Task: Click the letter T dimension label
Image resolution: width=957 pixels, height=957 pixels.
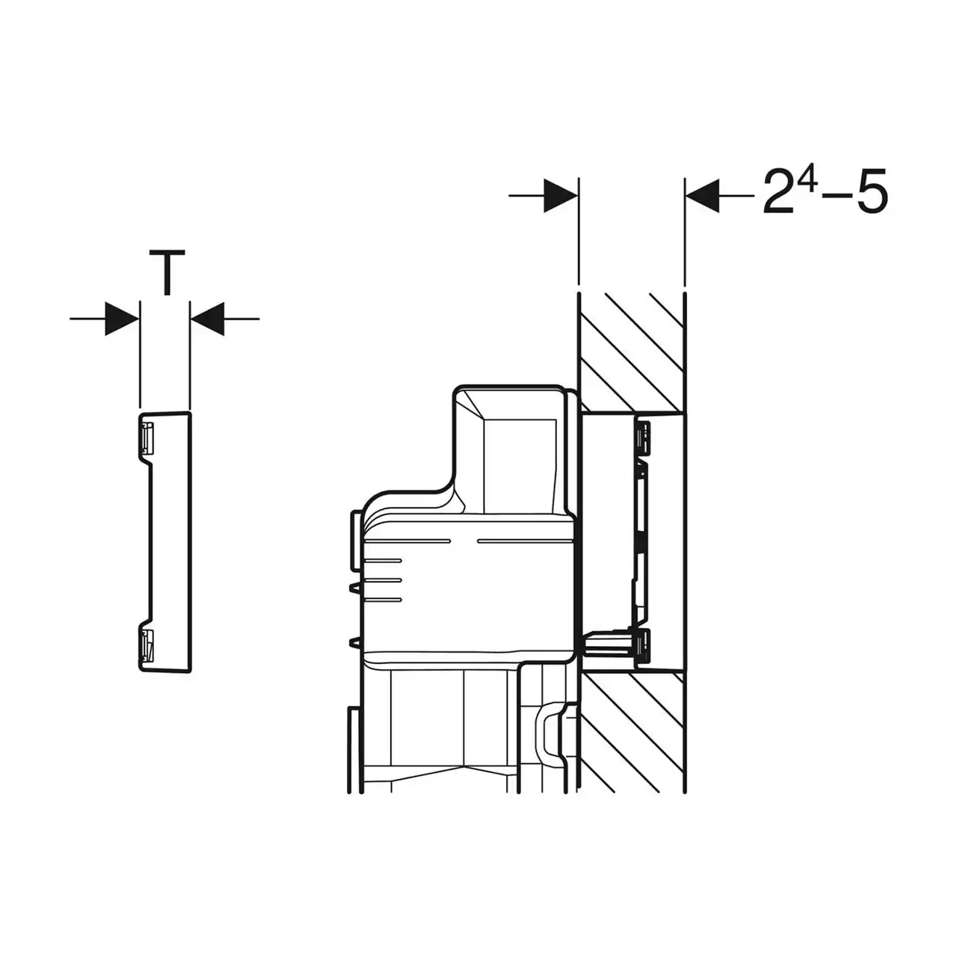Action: pyautogui.click(x=167, y=273)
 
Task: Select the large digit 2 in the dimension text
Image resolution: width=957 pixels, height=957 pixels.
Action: pyautogui.click(x=778, y=191)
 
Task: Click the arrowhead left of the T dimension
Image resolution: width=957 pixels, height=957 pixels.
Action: pyautogui.click(x=122, y=319)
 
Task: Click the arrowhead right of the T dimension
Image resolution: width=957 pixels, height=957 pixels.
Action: pyautogui.click(x=208, y=319)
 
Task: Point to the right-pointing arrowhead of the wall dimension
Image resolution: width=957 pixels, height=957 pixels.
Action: pyautogui.click(x=561, y=196)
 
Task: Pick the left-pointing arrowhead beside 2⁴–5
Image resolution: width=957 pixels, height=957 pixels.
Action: pyautogui.click(x=702, y=196)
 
